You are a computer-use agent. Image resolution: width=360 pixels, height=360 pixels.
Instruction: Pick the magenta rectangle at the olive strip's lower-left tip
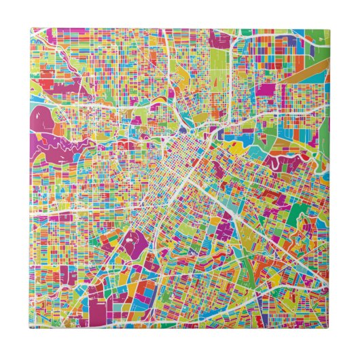(x=266, y=90)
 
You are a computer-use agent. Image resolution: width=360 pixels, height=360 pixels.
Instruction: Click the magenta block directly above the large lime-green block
(x=220, y=40)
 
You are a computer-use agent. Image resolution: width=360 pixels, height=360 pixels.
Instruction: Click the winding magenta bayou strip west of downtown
(x=68, y=146)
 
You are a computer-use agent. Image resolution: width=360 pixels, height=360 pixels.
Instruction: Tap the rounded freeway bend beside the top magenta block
(x=232, y=48)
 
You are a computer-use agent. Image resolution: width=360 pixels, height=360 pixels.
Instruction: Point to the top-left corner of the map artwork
(x=31, y=29)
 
